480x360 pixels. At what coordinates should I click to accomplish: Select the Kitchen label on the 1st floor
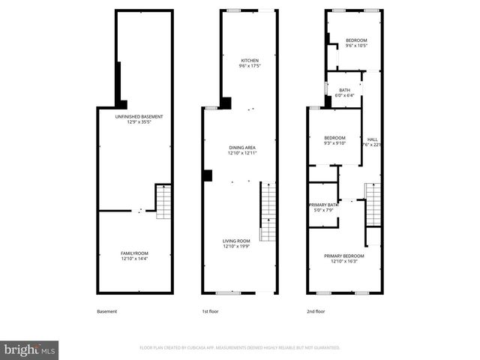pos(249,61)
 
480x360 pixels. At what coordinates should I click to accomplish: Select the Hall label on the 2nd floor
pos(372,139)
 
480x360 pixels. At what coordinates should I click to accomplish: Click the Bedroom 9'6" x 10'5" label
pos(356,40)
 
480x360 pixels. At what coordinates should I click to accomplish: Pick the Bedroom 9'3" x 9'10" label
pos(334,138)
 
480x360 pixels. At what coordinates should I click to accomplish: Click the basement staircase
pos(163,201)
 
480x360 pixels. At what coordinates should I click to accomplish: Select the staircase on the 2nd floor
pos(373,204)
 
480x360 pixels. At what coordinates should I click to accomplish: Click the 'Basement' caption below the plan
pos(107,311)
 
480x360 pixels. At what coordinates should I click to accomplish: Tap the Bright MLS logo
pos(30,349)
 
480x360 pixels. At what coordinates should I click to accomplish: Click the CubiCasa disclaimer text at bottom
pos(240,348)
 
